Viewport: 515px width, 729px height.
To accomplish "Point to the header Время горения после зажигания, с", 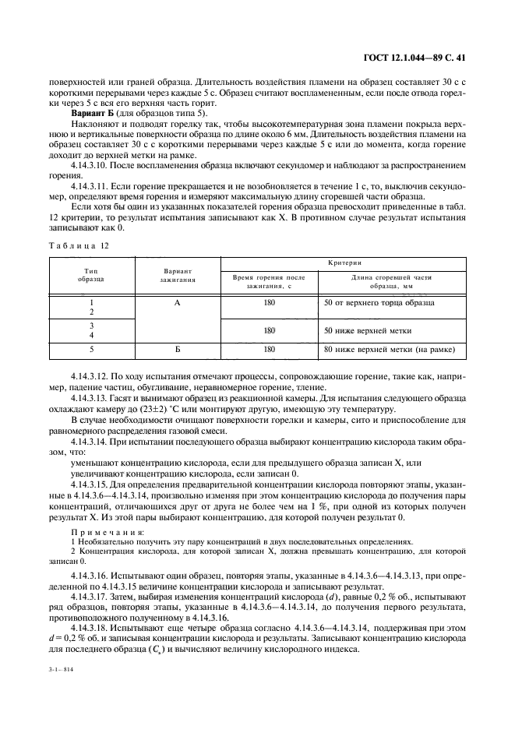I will coord(270,281).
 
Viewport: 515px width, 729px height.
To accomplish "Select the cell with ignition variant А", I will coord(178,302).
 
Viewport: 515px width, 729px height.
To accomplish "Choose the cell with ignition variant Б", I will coord(178,350).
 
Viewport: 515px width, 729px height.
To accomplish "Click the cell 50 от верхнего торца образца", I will coord(379,302).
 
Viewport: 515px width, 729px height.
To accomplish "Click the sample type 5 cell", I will coord(91,350).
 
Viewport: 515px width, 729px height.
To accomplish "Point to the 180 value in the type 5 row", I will coord(270,350).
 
